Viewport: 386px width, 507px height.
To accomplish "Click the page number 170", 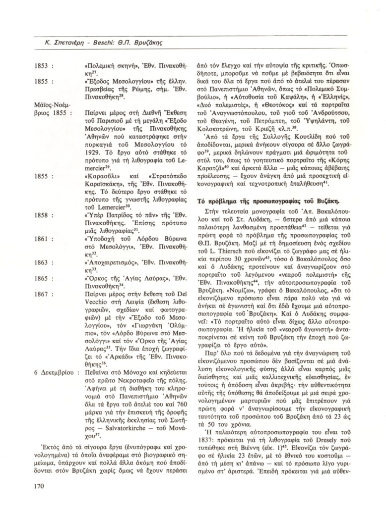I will pos(40,486).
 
